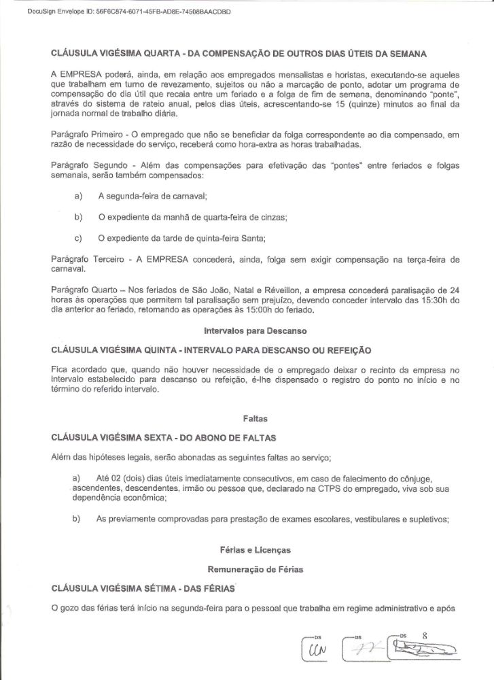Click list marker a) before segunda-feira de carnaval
pos(78,197)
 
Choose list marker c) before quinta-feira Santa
pos(78,238)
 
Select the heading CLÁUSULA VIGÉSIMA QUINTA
pos(211,350)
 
